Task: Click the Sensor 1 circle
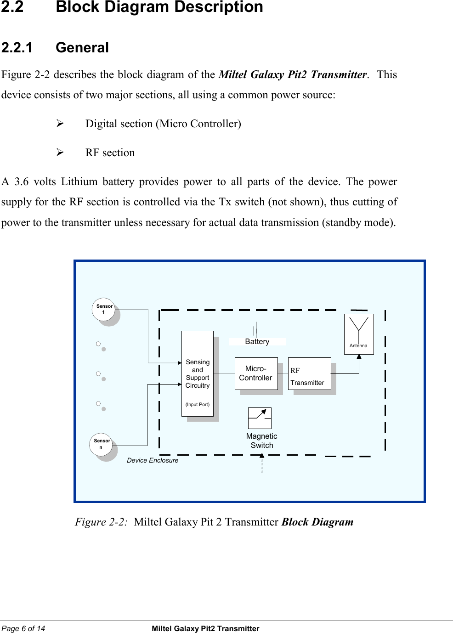(x=104, y=309)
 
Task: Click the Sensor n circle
(x=102, y=444)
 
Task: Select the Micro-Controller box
(x=256, y=373)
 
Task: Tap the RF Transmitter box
(x=309, y=373)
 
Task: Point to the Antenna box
(x=358, y=333)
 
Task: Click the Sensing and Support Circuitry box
(x=198, y=373)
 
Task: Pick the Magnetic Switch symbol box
(x=260, y=418)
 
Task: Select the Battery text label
(x=257, y=342)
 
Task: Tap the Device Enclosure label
(x=153, y=460)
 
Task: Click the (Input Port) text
(x=198, y=405)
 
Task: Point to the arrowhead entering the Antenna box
(x=359, y=356)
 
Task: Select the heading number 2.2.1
(x=17, y=48)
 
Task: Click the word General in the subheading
(x=82, y=48)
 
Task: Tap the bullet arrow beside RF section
(x=60, y=153)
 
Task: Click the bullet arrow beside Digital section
(x=60, y=124)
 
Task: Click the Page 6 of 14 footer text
(x=23, y=628)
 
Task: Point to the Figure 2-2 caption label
(x=101, y=522)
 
